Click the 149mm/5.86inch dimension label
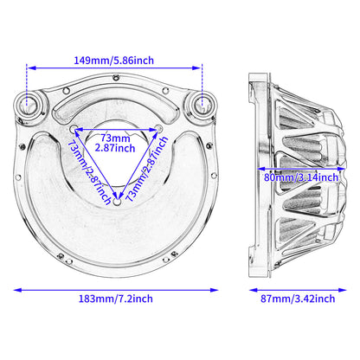[114, 61]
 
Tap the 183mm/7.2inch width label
[116, 299]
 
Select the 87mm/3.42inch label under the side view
[298, 299]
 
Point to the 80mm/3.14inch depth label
[301, 177]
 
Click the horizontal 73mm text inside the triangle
[115, 138]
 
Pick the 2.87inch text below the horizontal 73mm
[115, 148]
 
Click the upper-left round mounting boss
[29, 104]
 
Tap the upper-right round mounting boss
[202, 104]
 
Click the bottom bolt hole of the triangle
[117, 202]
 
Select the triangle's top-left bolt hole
[74, 128]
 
